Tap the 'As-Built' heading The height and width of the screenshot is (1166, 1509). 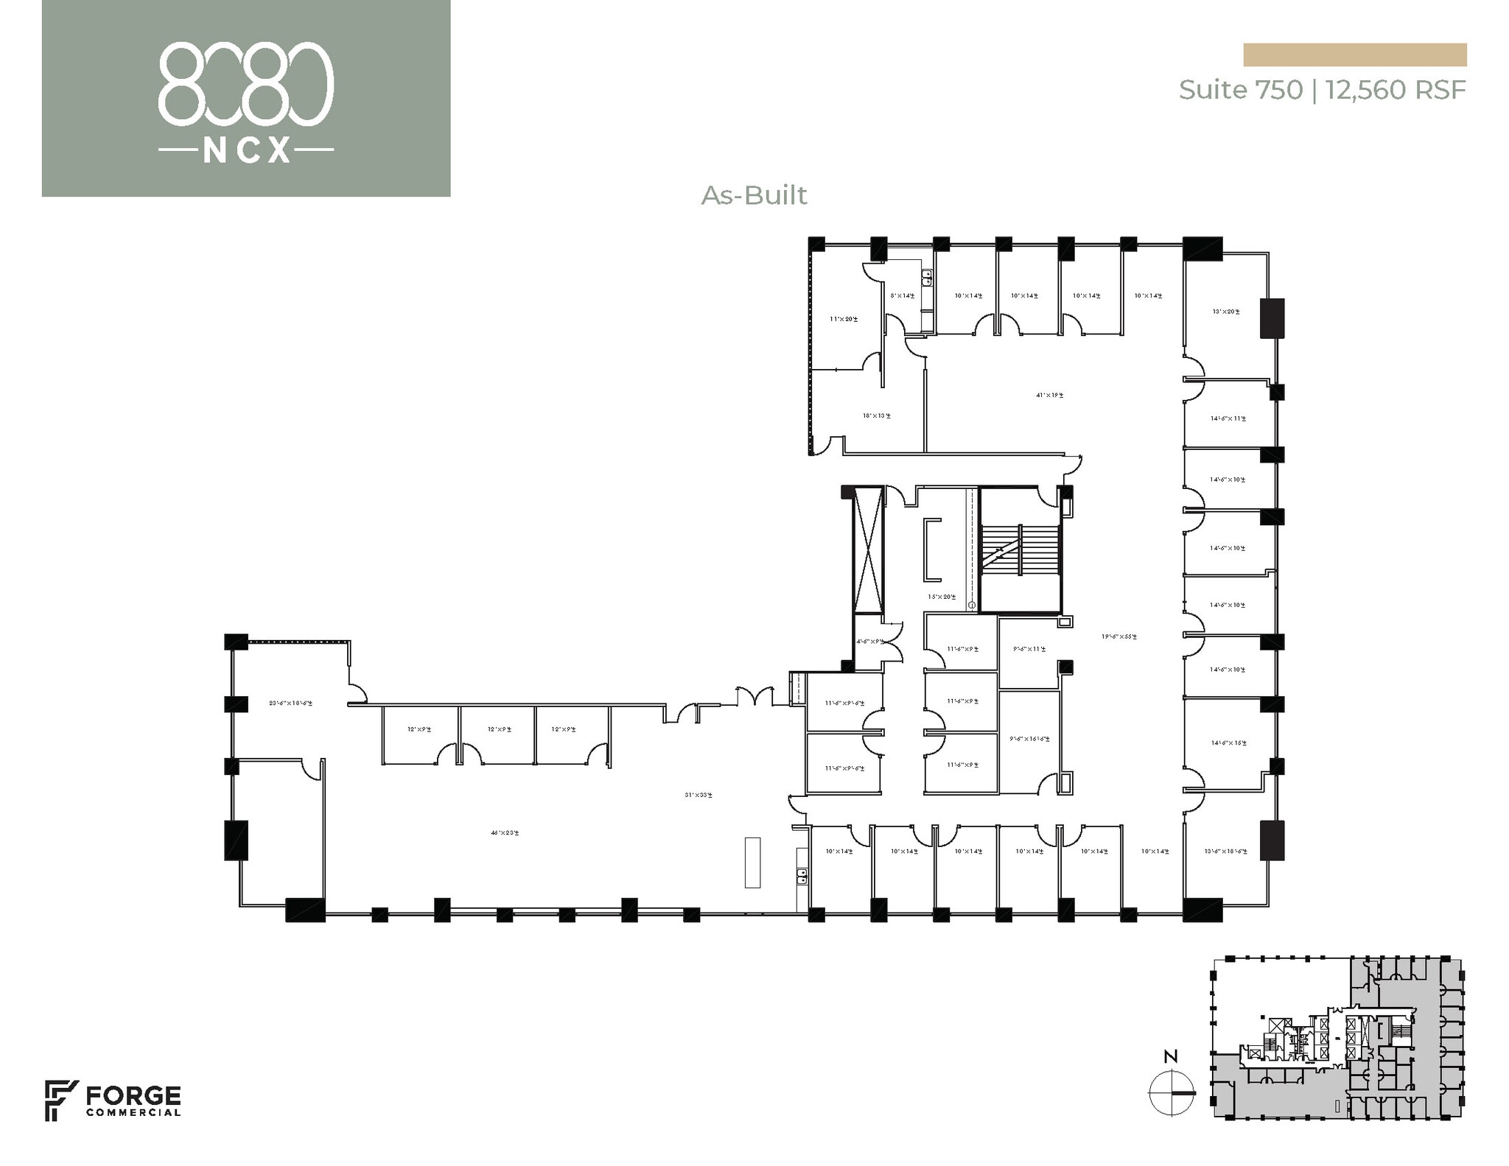(x=754, y=195)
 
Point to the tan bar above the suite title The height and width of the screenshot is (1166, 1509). (x=1354, y=55)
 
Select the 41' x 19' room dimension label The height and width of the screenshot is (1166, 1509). (x=1049, y=395)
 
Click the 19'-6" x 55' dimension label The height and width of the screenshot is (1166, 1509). (x=1118, y=636)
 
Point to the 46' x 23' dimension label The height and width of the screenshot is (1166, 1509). (x=505, y=833)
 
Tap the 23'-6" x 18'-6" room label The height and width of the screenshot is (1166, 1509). (x=290, y=703)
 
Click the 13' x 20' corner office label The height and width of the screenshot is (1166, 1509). (x=1225, y=312)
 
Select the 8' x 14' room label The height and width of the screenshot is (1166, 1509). (x=903, y=296)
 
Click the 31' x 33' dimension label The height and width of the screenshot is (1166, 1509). (x=699, y=795)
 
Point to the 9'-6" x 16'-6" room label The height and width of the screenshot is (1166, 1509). (x=1030, y=738)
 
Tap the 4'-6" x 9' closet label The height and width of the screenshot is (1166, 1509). (x=869, y=642)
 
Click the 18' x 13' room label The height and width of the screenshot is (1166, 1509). (x=877, y=415)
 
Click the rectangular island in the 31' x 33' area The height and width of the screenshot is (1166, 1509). (x=752, y=862)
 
